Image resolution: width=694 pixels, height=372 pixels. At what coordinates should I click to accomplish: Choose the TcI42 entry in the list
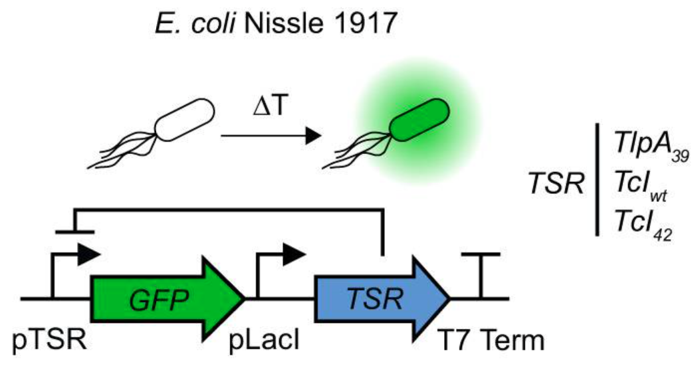pyautogui.click(x=639, y=230)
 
